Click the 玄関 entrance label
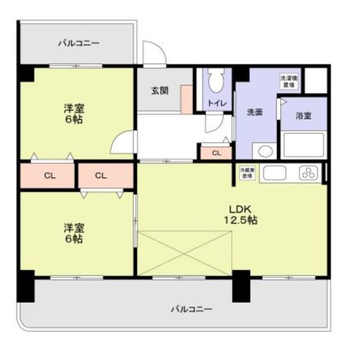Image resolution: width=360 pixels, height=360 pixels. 159,90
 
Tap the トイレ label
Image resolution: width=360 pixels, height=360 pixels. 217,103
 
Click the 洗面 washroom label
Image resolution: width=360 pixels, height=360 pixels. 255,112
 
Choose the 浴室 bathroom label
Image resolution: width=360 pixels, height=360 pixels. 304,115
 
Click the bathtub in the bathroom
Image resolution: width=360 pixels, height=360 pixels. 304,145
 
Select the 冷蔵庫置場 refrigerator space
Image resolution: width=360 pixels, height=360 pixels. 246,172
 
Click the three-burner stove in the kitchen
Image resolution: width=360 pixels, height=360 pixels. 308,173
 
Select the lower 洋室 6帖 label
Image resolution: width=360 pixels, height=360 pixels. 73,233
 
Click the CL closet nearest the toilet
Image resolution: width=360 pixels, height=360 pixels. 216,152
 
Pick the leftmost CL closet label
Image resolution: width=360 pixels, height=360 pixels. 49,175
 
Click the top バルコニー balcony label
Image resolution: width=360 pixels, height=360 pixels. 78,43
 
